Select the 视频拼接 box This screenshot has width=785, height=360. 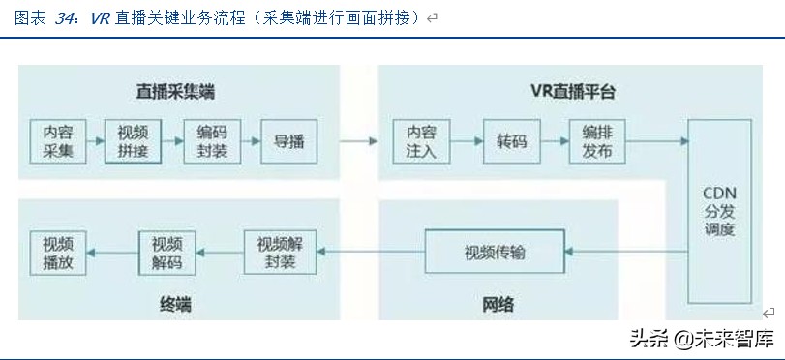click(x=133, y=141)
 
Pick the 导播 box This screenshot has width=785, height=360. click(x=287, y=141)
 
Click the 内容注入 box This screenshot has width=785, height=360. click(x=421, y=141)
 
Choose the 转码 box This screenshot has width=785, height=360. click(x=512, y=141)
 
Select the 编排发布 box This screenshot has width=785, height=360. click(x=597, y=141)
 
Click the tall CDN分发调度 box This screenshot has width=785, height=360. click(x=719, y=211)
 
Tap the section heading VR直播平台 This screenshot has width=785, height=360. click(x=573, y=92)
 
